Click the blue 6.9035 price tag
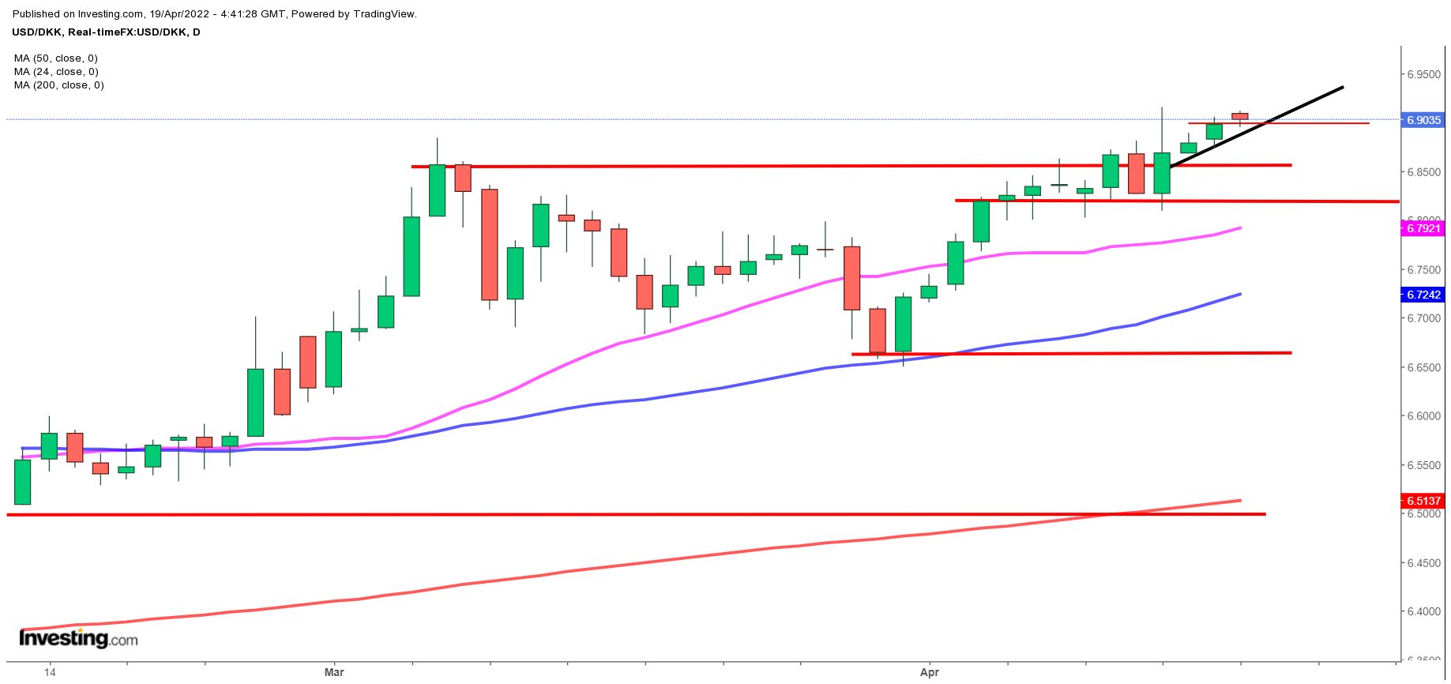point(1423,120)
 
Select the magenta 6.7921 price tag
point(1423,228)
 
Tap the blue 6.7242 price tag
point(1423,295)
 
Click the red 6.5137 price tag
point(1423,501)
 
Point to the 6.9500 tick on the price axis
point(1423,75)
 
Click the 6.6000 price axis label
point(1423,416)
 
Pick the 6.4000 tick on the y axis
point(1423,611)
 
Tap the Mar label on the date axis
point(334,672)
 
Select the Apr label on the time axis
point(930,672)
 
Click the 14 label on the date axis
point(50,672)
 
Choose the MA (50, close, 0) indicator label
point(55,58)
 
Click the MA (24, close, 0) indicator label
point(55,72)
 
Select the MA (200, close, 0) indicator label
point(58,85)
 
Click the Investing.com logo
point(78,638)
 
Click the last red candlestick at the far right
point(1240,116)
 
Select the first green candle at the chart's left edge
point(23,482)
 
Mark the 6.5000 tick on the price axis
point(1423,514)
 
